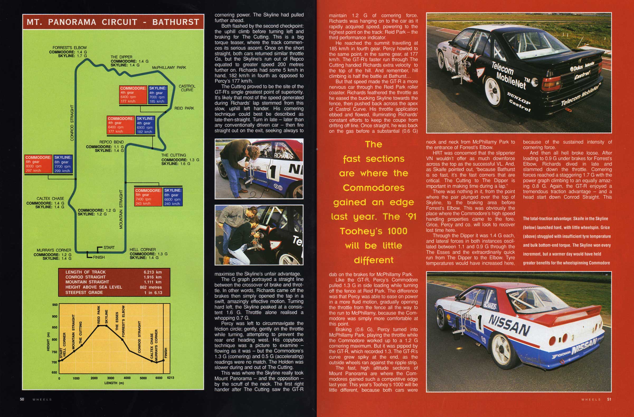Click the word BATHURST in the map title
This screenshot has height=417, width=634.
tap(176, 22)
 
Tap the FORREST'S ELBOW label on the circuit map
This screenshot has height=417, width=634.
tap(69, 48)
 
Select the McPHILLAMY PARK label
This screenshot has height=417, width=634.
tap(169, 68)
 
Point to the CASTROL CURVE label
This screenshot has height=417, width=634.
tap(187, 88)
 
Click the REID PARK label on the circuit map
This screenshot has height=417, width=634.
tap(184, 108)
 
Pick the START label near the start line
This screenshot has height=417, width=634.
tap(109, 247)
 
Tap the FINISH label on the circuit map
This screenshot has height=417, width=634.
tap(98, 257)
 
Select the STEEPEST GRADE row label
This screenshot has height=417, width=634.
tap(84, 293)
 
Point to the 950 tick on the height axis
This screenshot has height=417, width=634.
tap(55, 305)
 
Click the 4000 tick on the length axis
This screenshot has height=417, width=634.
tap(127, 378)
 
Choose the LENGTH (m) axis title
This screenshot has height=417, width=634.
tap(114, 383)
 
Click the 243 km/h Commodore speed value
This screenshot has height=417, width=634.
tap(143, 204)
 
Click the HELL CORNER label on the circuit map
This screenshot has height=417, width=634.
tap(143, 250)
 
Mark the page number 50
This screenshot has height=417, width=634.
tap(22, 399)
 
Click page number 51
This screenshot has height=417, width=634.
tap(609, 399)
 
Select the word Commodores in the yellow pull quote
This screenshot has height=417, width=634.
tap(373, 188)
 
